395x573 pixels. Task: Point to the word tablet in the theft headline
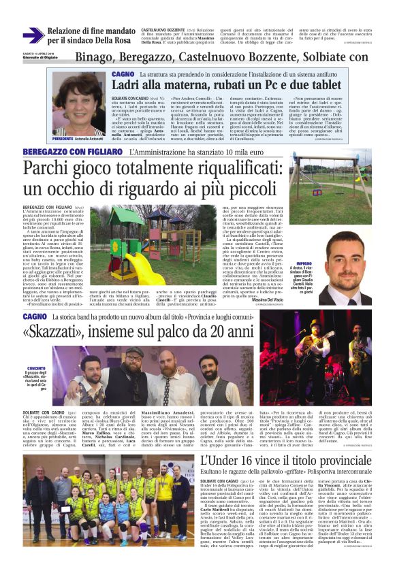coord(320,85)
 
